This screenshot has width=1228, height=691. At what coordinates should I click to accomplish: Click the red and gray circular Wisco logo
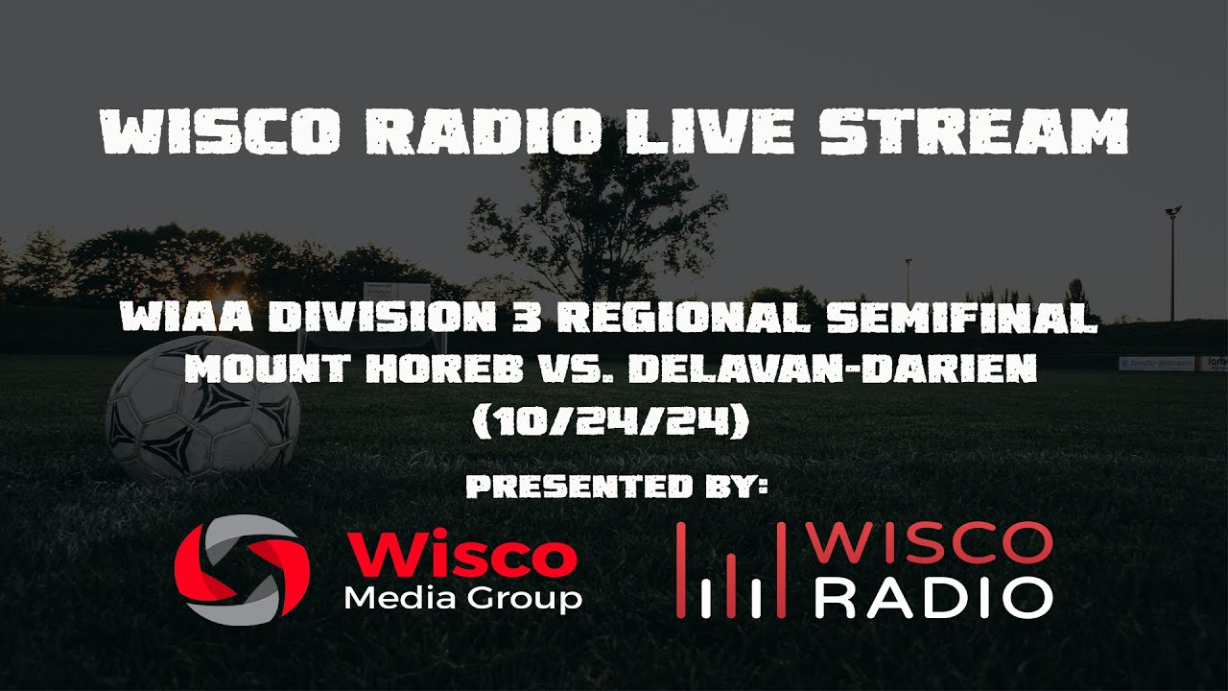point(242,568)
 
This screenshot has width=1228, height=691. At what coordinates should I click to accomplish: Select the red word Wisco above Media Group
point(460,556)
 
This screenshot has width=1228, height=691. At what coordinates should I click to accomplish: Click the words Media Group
point(462,599)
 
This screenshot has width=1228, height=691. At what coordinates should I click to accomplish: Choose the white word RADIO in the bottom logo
point(933,597)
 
